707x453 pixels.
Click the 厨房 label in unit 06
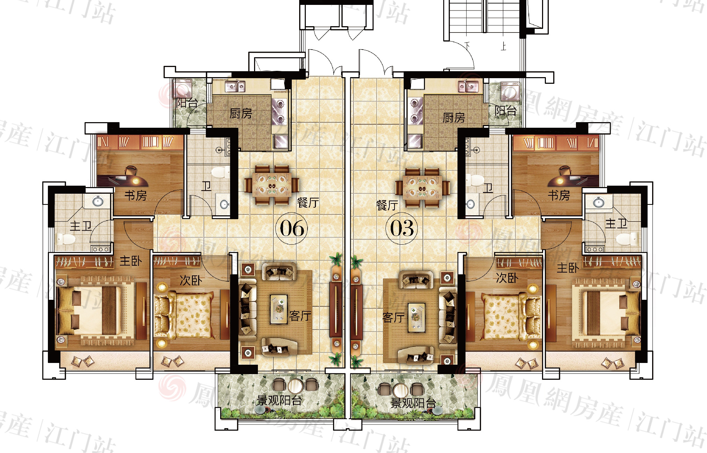(241, 113)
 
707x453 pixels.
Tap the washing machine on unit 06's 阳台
(182, 89)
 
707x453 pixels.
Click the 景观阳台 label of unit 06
(279, 400)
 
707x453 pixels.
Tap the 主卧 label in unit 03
(568, 268)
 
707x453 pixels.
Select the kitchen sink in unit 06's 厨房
(235, 86)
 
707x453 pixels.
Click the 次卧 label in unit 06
(191, 280)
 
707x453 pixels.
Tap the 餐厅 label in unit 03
(387, 205)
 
